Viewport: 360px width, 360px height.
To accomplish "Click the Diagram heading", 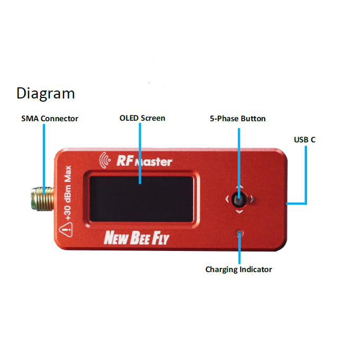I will pyautogui.click(x=46, y=94).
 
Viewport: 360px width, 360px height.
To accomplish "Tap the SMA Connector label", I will pyautogui.click(x=50, y=119).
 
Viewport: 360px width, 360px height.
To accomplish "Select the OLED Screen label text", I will pyautogui.click(x=142, y=118).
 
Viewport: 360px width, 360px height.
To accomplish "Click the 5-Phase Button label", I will pyautogui.click(x=238, y=119).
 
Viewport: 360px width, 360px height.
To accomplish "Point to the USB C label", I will pyautogui.click(x=305, y=140).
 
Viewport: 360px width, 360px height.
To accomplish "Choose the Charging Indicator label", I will pyautogui.click(x=239, y=269).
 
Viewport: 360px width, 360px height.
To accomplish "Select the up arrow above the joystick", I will pyautogui.click(x=239, y=187).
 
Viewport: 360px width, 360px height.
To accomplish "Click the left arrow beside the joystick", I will pyautogui.click(x=227, y=200).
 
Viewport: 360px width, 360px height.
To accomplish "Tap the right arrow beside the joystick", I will pyautogui.click(x=252, y=200).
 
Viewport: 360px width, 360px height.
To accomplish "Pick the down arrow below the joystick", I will pyautogui.click(x=239, y=212).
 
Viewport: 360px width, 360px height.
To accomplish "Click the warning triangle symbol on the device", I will pyautogui.click(x=66, y=229).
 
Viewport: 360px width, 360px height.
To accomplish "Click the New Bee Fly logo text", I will pyautogui.click(x=136, y=238).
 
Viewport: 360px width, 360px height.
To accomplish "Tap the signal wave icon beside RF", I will pyautogui.click(x=105, y=158).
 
